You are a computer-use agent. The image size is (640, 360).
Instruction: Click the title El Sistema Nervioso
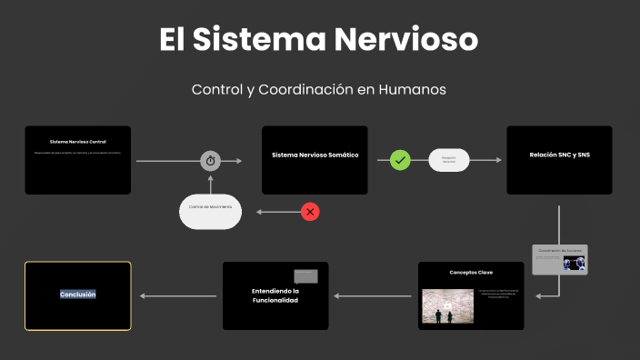pyautogui.click(x=319, y=40)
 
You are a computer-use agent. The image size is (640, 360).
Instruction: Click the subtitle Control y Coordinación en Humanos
pyautogui.click(x=319, y=90)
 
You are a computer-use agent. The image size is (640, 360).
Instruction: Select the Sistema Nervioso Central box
pyautogui.click(x=78, y=160)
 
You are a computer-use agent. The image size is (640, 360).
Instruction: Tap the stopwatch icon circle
pyautogui.click(x=211, y=161)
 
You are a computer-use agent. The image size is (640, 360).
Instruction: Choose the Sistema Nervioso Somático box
pyautogui.click(x=315, y=160)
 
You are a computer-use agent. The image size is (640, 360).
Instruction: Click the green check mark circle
pyautogui.click(x=400, y=161)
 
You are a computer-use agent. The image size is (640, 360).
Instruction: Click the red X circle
pyautogui.click(x=311, y=212)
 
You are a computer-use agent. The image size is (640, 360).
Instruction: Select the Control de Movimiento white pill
pyautogui.click(x=210, y=211)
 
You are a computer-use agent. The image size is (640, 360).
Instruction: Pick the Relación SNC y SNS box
pyautogui.click(x=559, y=160)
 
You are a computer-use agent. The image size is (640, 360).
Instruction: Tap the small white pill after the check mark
pyautogui.click(x=448, y=160)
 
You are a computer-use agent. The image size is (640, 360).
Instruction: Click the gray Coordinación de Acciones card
pyautogui.click(x=559, y=259)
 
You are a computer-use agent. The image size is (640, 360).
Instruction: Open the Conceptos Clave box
pyautogui.click(x=471, y=295)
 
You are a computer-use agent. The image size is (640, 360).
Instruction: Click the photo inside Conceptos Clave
pyautogui.click(x=447, y=306)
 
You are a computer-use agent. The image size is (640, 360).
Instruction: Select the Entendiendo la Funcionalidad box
pyautogui.click(x=275, y=295)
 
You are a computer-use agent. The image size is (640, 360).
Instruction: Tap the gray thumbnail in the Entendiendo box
pyautogui.click(x=305, y=275)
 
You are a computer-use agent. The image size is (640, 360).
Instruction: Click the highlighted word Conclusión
pyautogui.click(x=78, y=295)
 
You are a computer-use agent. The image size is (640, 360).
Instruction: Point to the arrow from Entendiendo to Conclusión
pyautogui.click(x=177, y=295)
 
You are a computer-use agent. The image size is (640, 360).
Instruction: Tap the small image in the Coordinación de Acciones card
pyautogui.click(x=574, y=264)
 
